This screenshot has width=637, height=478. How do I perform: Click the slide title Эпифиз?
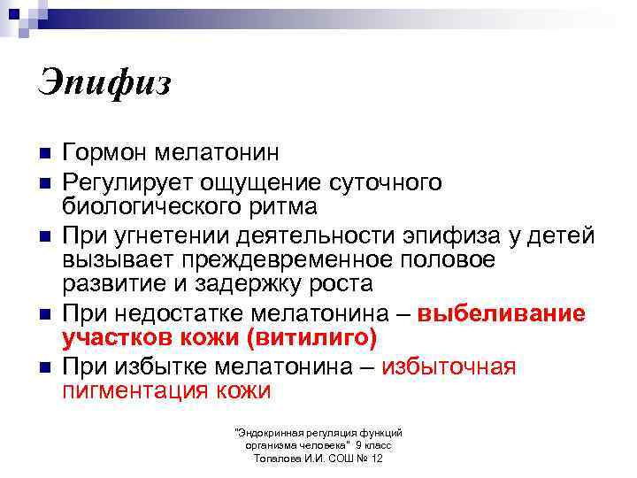[x=104, y=84]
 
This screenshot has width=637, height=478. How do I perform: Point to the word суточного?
[x=386, y=182]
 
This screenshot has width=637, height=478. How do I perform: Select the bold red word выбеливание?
[x=502, y=314]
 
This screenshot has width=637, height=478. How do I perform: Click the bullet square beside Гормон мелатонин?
[x=43, y=154]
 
